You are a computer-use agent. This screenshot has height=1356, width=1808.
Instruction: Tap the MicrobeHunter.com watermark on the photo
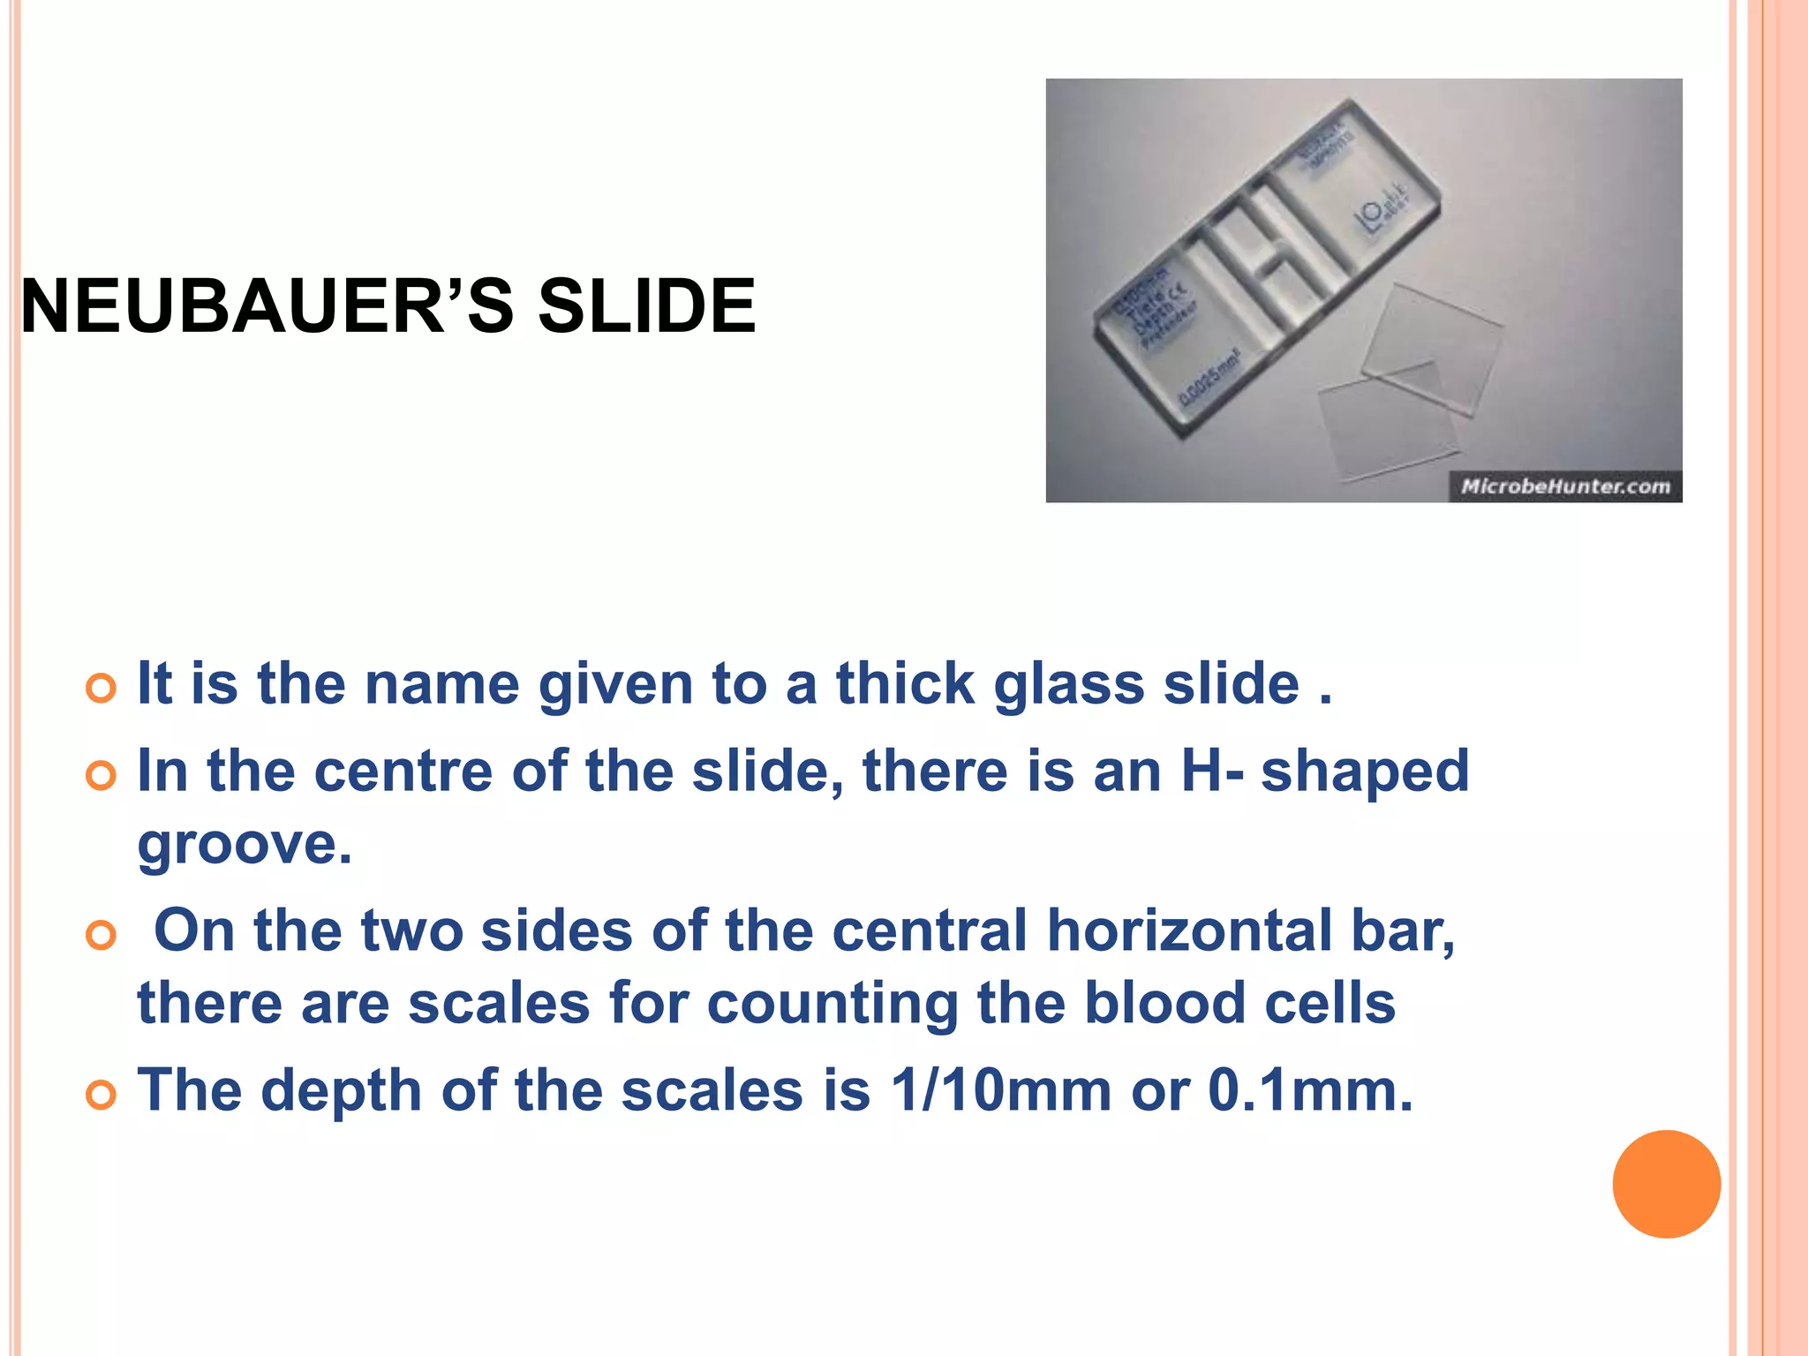1565,486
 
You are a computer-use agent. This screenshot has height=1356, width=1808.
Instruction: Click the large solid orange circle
1666,1184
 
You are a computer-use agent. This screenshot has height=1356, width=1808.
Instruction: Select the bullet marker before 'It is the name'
102,688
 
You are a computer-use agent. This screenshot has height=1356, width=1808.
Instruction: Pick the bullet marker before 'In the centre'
102,776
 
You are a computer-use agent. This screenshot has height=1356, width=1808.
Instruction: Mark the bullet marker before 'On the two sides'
102,935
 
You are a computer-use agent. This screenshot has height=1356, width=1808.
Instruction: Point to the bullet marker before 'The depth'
102,1095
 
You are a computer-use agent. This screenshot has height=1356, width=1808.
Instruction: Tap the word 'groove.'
245,844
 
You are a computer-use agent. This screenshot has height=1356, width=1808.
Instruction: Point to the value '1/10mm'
1001,1090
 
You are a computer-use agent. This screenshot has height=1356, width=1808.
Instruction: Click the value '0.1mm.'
1310,1090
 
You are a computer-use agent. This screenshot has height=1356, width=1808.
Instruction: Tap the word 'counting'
832,1005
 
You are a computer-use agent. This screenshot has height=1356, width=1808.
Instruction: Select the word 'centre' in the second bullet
403,772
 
